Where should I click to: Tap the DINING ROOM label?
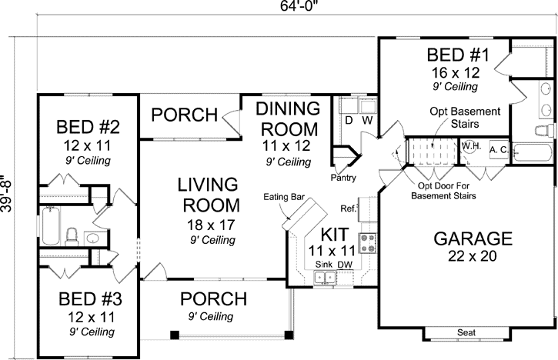(288, 118)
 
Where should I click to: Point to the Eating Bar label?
(284, 198)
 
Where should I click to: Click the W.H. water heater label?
(470, 145)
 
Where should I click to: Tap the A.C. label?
(498, 149)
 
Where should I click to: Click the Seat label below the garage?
(466, 332)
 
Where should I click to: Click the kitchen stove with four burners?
(368, 243)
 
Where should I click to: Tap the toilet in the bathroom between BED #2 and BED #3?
(71, 235)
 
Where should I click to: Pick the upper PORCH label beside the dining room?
(183, 115)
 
